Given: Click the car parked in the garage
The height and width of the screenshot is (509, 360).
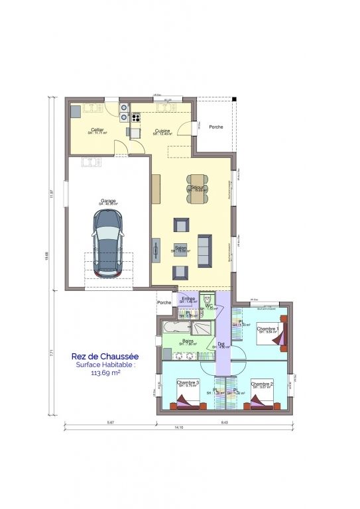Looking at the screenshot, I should click(x=107, y=243).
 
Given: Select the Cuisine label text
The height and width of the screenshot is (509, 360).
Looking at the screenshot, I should click(x=162, y=131).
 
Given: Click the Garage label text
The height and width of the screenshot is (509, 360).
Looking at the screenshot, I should click(x=108, y=201).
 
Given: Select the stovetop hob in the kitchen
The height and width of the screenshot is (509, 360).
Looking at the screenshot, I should click(x=124, y=112).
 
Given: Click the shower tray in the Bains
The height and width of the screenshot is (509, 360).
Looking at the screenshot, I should click(x=203, y=327).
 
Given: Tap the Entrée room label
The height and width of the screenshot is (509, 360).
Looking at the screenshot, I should click(x=188, y=299).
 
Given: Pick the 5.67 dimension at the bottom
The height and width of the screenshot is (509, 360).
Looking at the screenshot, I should click(x=109, y=421).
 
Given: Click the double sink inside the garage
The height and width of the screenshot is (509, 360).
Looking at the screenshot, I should click(x=89, y=161).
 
